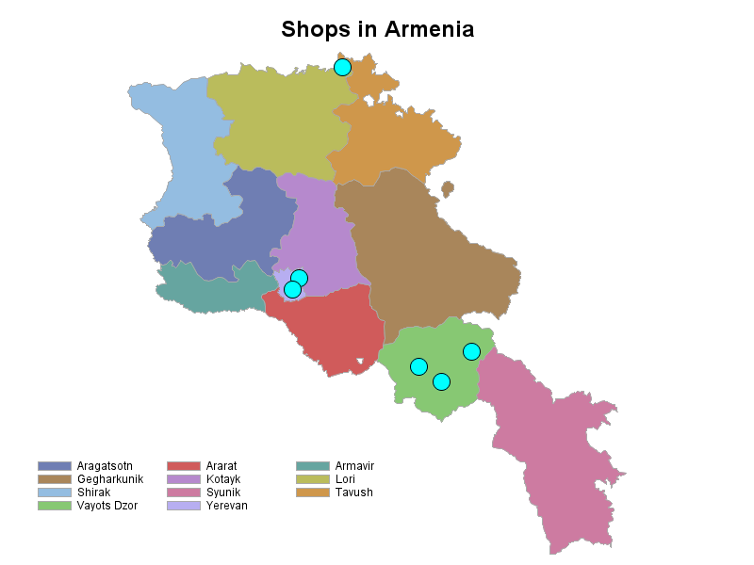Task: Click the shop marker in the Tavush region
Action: click(342, 67)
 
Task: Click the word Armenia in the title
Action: click(429, 29)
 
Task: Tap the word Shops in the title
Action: click(316, 29)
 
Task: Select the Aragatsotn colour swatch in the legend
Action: click(55, 466)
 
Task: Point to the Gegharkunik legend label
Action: click(109, 479)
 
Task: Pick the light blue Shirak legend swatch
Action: click(55, 492)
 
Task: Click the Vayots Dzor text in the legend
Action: click(107, 506)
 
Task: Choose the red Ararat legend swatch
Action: click(184, 466)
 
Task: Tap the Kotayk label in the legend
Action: click(223, 479)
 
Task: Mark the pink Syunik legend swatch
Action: click(184, 492)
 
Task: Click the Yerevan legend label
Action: click(226, 506)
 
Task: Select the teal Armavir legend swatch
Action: click(313, 466)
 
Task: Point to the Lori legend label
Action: click(345, 479)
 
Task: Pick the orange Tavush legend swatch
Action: click(313, 492)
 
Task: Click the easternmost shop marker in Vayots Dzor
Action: click(471, 351)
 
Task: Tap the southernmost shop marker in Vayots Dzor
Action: click(441, 381)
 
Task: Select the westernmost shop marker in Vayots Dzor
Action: click(418, 366)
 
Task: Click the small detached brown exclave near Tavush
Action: click(448, 188)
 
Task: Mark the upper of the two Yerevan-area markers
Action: click(299, 278)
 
